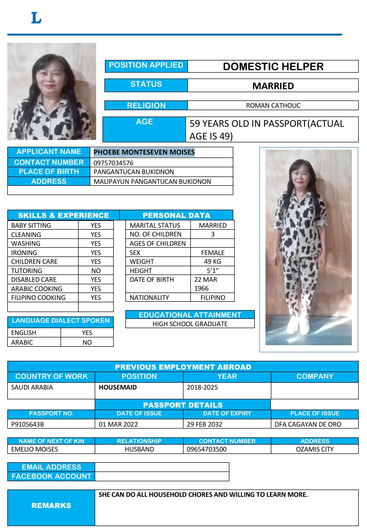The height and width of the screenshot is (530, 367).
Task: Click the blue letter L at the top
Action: pyautogui.click(x=36, y=19)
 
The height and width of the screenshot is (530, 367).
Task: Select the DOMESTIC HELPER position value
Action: pyautogui.click(x=273, y=67)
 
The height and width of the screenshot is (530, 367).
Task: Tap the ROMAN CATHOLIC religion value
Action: pyautogui.click(x=273, y=105)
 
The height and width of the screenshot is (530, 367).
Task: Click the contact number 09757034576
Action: pyautogui.click(x=113, y=163)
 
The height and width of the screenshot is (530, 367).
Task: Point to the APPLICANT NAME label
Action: pyautogui.click(x=49, y=152)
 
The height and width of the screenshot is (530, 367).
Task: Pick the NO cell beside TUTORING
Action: pyautogui.click(x=96, y=271)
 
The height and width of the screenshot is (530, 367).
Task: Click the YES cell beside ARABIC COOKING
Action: pyautogui.click(x=96, y=289)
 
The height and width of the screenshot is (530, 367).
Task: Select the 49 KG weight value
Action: pyautogui.click(x=213, y=262)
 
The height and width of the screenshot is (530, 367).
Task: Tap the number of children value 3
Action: pyautogui.click(x=213, y=235)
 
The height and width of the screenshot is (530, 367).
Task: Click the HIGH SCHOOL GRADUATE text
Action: pyautogui.click(x=190, y=324)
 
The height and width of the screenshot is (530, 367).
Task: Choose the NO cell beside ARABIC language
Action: pyautogui.click(x=87, y=342)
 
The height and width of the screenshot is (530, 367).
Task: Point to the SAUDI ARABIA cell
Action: pyautogui.click(x=32, y=388)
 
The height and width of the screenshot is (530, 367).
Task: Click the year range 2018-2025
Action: pyautogui.click(x=203, y=388)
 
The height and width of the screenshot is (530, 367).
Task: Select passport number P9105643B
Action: pyautogui.click(x=28, y=424)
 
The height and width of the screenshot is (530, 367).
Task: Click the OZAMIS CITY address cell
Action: pyautogui.click(x=315, y=450)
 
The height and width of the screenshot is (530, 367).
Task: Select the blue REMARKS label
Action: pyautogui.click(x=51, y=506)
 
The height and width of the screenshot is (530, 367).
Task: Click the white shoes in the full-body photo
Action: pyautogui.click(x=298, y=326)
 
